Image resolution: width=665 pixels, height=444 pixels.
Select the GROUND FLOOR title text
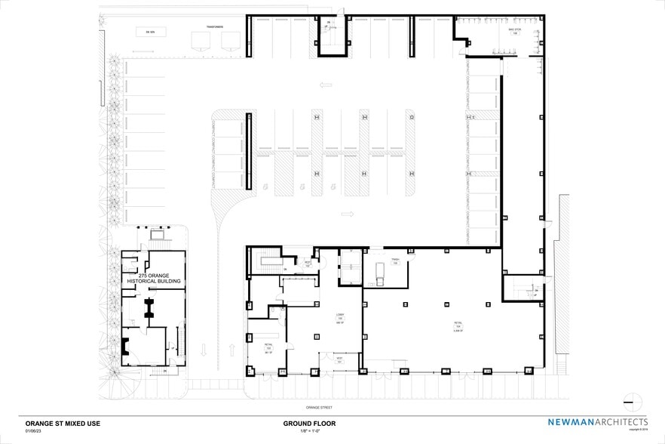pyautogui.click(x=309, y=424)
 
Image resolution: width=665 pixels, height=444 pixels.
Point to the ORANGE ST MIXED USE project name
pyautogui.click(x=63, y=424)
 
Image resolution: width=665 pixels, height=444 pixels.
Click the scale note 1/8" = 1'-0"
pyautogui.click(x=309, y=431)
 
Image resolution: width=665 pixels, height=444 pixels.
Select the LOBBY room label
pyautogui.click(x=340, y=319)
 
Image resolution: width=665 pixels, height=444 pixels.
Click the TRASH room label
pyautogui.click(x=394, y=261)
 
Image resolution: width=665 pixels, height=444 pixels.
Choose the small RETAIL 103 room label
pyautogui.click(x=268, y=349)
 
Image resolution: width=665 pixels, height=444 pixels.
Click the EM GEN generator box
pyautogui.click(x=151, y=32)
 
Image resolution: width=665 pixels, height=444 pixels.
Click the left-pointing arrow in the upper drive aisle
pyautogui.click(x=326, y=85)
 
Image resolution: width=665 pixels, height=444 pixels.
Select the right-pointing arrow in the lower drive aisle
pyautogui.click(x=347, y=214)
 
